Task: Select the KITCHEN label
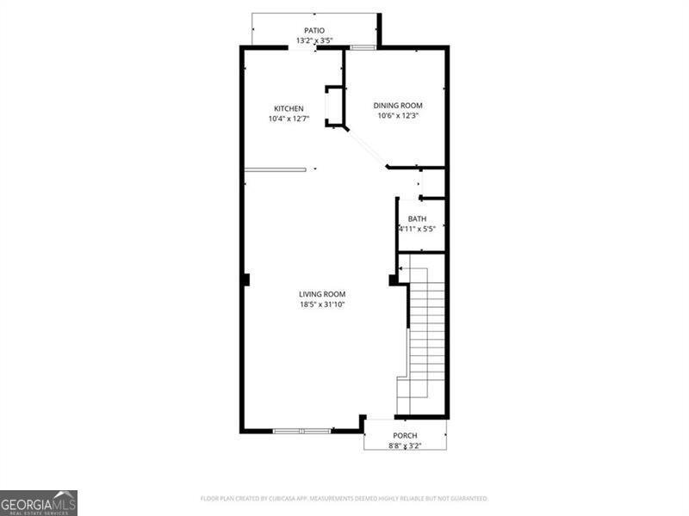pyautogui.click(x=289, y=108)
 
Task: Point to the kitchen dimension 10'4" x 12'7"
pyautogui.click(x=289, y=119)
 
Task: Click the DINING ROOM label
pyautogui.click(x=397, y=106)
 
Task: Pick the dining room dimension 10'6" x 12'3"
pyautogui.click(x=397, y=116)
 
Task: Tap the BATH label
pyautogui.click(x=417, y=219)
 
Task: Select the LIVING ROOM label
pyautogui.click(x=322, y=294)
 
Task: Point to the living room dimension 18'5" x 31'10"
pyautogui.click(x=322, y=304)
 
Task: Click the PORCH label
pyautogui.click(x=405, y=436)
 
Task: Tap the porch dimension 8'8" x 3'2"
pyautogui.click(x=405, y=446)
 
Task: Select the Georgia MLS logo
pyautogui.click(x=39, y=502)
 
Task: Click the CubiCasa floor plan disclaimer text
pyautogui.click(x=344, y=498)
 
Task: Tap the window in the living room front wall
pyautogui.click(x=301, y=430)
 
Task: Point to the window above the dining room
pyautogui.click(x=362, y=47)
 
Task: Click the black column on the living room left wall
pyautogui.click(x=245, y=279)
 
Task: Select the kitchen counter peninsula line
pyautogui.click(x=275, y=169)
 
